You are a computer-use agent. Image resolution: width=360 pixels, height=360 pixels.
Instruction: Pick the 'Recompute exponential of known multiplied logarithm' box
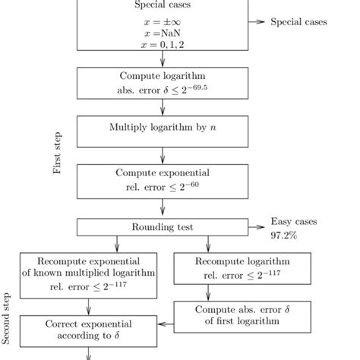(x=90, y=273)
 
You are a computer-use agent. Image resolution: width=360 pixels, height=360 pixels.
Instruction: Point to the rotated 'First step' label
(x=58, y=155)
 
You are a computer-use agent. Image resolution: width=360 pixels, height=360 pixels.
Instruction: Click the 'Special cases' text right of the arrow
(x=299, y=22)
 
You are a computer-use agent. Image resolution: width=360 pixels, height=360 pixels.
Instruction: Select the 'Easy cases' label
(x=291, y=222)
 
